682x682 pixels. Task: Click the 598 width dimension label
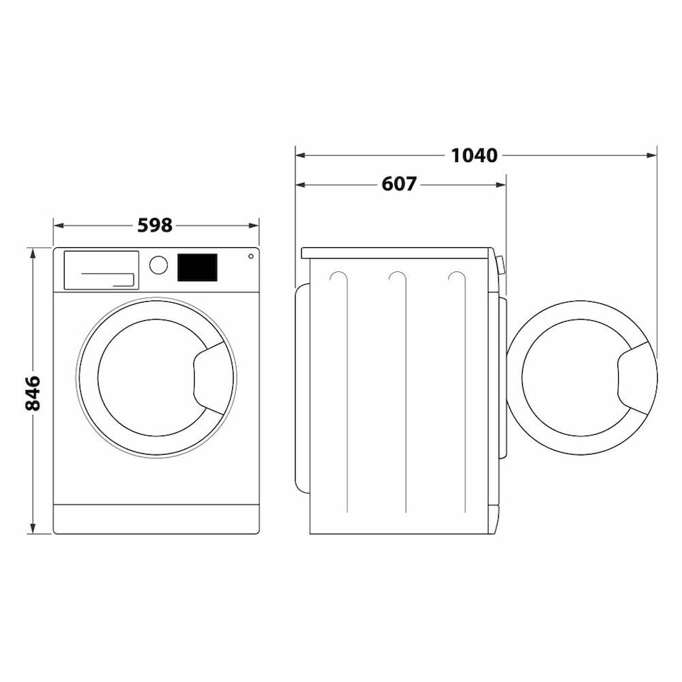[155, 225]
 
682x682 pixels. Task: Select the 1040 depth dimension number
[475, 155]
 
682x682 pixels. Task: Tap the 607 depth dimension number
[399, 185]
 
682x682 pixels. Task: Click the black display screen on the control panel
[197, 267]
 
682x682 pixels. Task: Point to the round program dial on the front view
[158, 265]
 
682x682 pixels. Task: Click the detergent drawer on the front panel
[102, 270]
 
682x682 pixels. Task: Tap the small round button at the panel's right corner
[250, 256]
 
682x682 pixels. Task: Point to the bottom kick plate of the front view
[156, 519]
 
